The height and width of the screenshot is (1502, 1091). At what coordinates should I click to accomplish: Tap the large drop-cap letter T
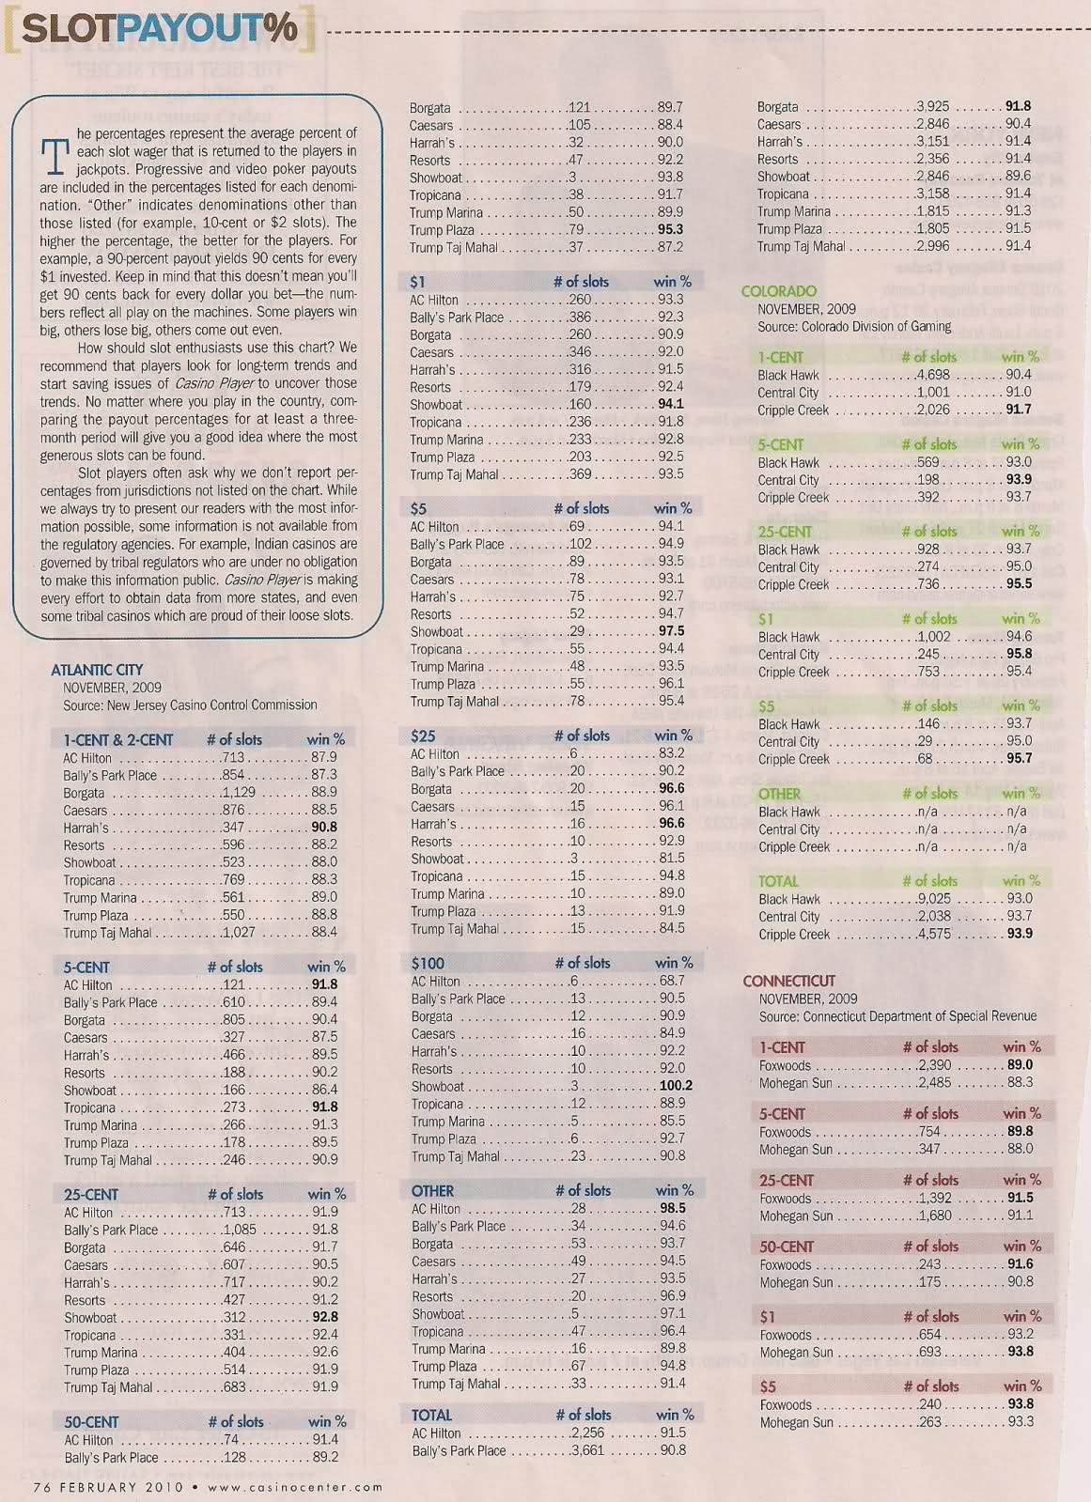tap(55, 157)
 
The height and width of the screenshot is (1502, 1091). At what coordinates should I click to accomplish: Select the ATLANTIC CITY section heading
tap(97, 669)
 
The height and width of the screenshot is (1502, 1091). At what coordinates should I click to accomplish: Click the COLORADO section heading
tap(778, 291)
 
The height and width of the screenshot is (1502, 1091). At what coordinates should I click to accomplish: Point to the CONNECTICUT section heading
tap(788, 981)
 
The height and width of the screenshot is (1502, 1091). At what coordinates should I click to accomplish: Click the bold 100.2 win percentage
tap(676, 1086)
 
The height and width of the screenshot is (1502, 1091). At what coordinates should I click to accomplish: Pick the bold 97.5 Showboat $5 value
tap(671, 631)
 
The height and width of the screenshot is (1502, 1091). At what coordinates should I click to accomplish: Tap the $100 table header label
tap(428, 963)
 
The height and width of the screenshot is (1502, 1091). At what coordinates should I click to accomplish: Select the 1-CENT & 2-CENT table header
tap(118, 739)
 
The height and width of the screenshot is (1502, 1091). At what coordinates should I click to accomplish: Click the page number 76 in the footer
tap(42, 1486)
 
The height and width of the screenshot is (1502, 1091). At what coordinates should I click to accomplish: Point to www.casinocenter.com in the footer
tap(295, 1486)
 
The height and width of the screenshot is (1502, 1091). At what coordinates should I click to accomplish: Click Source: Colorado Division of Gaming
tap(854, 327)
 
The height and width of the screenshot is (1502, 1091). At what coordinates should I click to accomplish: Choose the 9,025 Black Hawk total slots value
tap(932, 899)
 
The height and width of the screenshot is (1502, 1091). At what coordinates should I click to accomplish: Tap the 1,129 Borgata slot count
tap(239, 792)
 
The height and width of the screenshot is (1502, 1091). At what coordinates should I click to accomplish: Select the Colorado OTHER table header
tap(779, 794)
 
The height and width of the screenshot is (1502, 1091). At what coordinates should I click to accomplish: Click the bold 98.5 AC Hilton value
tap(672, 1208)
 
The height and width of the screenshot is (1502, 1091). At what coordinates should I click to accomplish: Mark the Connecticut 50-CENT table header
tap(787, 1247)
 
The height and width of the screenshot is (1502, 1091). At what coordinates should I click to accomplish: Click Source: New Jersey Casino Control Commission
tap(190, 705)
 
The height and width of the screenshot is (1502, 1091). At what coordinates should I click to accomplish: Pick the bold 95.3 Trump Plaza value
tap(670, 229)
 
